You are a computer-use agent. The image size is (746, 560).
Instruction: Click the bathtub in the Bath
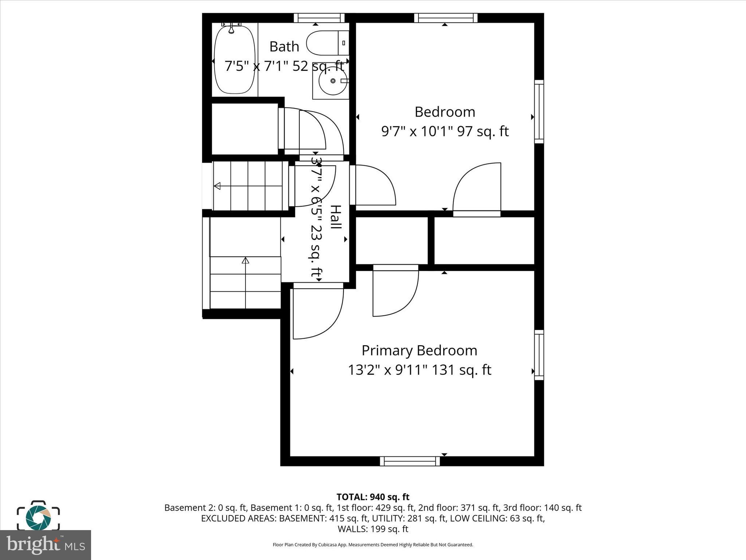coord(234,60)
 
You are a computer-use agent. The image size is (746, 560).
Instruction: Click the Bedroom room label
coord(445,112)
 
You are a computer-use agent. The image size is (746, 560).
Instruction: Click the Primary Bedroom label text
coord(419,350)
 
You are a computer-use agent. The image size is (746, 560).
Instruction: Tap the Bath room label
coord(284,47)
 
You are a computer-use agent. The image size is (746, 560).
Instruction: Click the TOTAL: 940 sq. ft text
coord(373,497)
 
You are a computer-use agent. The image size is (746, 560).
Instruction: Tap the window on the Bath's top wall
coord(319,18)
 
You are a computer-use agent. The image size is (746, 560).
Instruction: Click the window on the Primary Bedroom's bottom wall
coord(410,461)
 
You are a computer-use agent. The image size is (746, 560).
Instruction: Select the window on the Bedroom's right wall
coord(539,112)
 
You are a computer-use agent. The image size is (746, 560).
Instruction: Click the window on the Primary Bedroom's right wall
coord(539,355)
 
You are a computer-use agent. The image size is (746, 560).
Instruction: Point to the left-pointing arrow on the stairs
coord(217,186)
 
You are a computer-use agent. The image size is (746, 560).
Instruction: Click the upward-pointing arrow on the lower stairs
coord(246,261)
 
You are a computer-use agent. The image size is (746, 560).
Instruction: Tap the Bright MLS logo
coord(46,545)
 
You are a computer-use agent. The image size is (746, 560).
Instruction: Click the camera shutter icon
coord(38,516)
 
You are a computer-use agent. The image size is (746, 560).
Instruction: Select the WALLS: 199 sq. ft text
coord(373,529)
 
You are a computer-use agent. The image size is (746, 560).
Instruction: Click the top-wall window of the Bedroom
coord(445,18)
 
